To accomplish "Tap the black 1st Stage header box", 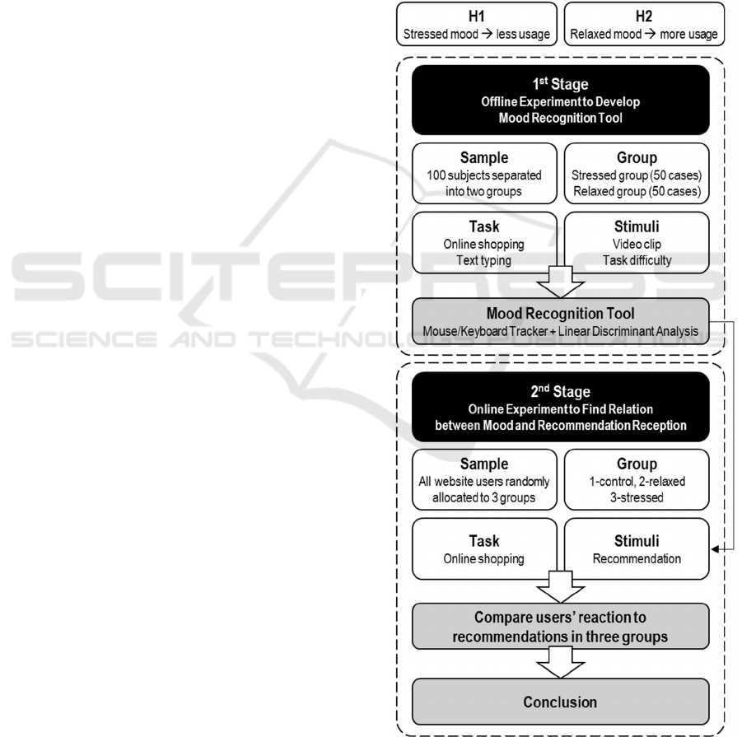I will tap(559, 100).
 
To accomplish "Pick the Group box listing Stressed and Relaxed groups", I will tap(636, 174).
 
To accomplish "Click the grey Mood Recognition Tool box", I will tap(559, 321).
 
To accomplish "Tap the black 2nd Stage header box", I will tap(559, 407).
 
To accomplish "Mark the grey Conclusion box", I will tap(559, 702).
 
